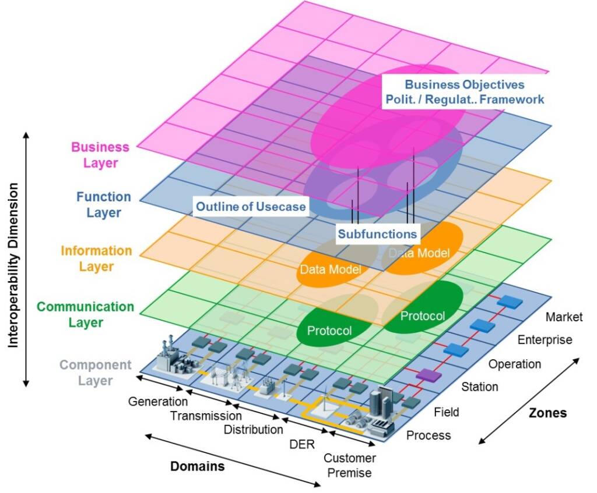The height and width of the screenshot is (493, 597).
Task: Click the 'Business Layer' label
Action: click(x=100, y=155)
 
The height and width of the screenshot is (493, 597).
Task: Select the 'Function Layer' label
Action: click(x=104, y=204)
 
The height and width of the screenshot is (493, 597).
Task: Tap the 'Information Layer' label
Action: click(x=96, y=258)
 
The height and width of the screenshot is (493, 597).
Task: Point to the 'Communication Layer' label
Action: click(x=85, y=314)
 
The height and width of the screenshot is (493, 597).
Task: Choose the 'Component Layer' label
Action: click(x=95, y=373)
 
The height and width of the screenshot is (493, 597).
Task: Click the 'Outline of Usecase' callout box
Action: click(x=251, y=207)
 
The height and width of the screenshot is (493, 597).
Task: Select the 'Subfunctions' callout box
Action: click(x=377, y=234)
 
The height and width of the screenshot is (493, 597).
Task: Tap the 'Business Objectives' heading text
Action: click(x=465, y=84)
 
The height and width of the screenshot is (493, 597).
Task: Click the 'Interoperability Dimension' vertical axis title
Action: click(x=13, y=265)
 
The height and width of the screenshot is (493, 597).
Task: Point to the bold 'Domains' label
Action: click(x=197, y=466)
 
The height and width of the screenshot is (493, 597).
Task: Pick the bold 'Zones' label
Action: click(x=547, y=413)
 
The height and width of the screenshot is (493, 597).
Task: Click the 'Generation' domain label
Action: click(x=157, y=402)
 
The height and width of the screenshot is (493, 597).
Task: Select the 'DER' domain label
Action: click(x=302, y=444)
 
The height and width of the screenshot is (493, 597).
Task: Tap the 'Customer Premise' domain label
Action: click(x=350, y=465)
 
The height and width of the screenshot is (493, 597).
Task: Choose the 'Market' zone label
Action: click(x=564, y=317)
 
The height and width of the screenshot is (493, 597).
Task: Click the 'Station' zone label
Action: click(x=480, y=386)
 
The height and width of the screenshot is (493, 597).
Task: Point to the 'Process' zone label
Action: click(x=429, y=435)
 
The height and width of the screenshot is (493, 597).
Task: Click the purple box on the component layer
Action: click(x=429, y=375)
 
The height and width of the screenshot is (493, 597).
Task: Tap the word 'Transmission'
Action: click(x=206, y=416)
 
